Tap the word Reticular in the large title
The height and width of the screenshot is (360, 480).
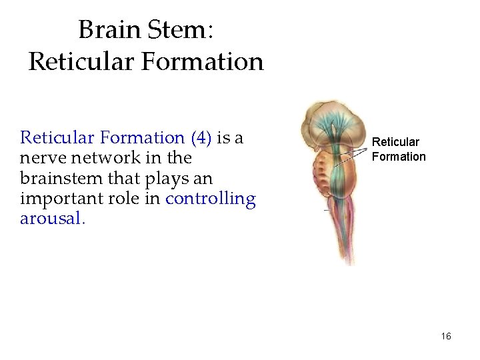(x=78, y=62)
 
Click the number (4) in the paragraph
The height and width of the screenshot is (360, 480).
(x=201, y=138)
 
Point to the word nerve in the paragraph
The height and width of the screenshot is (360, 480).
(x=41, y=158)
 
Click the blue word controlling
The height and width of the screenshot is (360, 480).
(x=210, y=199)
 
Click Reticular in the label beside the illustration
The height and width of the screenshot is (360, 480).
(x=395, y=142)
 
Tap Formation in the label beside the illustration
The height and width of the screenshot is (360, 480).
(x=399, y=157)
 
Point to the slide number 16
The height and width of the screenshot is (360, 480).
(x=446, y=336)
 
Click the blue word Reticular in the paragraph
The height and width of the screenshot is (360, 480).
(x=57, y=138)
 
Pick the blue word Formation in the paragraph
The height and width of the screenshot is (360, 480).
(x=143, y=138)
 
